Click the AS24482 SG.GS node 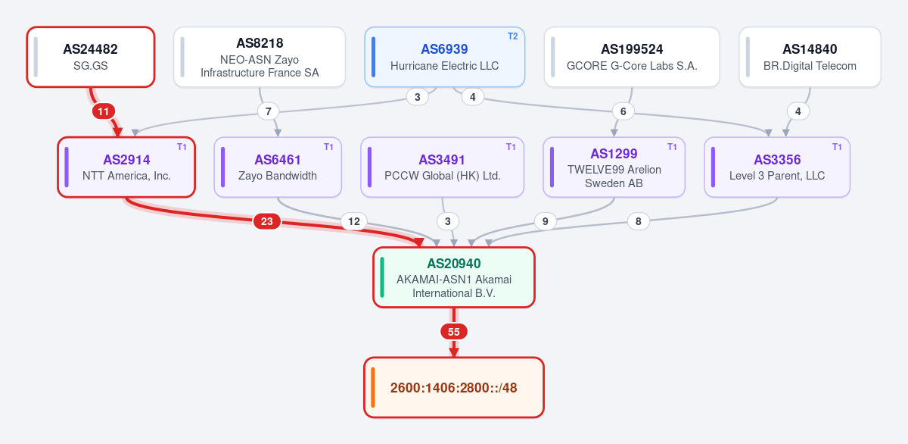point(91,57)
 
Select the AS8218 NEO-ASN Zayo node point(260,57)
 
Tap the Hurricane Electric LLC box point(445,57)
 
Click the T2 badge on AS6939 point(513,36)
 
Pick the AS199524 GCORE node point(632,57)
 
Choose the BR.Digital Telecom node point(810,57)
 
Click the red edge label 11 point(104,111)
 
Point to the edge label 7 point(269,111)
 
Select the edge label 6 point(623,111)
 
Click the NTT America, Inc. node point(126,167)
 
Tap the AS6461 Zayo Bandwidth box point(278,167)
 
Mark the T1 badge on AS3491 point(511,147)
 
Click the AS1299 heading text point(614,154)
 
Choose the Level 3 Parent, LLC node point(777,167)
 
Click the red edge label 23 point(266,221)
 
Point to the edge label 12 point(354,221)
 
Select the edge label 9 point(546,221)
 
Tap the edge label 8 point(639,221)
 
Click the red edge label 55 point(454,332)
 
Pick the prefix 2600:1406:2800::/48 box point(454,388)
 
